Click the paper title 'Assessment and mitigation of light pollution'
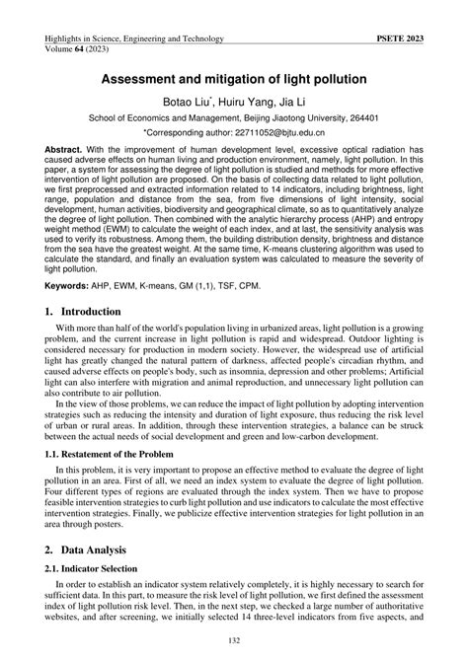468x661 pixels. pos(234,77)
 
